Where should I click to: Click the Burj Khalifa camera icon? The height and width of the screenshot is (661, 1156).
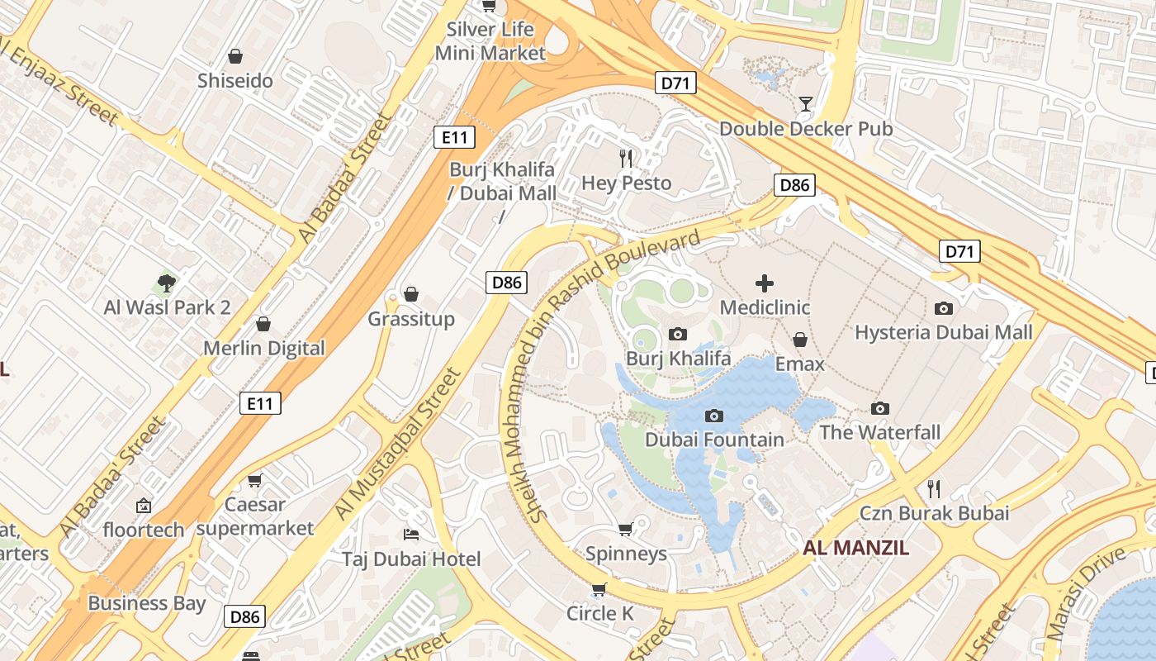(678, 334)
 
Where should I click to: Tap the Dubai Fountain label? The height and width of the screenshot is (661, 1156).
(714, 439)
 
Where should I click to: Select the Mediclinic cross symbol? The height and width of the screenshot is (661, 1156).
(765, 283)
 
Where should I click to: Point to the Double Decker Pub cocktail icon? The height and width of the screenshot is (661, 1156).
(805, 104)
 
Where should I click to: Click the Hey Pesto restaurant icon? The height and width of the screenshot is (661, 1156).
(626, 158)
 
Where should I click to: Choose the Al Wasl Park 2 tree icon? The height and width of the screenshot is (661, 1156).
(167, 283)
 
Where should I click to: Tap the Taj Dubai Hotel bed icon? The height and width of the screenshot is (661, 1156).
(410, 534)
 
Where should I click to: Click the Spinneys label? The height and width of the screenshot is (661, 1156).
(626, 554)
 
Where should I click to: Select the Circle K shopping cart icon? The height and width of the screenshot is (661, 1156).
(599, 589)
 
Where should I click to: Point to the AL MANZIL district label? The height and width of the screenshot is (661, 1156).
(856, 547)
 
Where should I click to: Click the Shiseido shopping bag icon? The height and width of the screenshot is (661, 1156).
(235, 56)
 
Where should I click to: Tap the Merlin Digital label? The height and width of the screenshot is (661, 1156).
(264, 348)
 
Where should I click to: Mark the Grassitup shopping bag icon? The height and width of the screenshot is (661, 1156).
(411, 294)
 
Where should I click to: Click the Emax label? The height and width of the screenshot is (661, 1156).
(799, 364)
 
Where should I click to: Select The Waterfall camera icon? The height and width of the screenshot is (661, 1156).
(880, 408)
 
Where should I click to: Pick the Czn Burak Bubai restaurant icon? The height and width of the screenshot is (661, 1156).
(934, 488)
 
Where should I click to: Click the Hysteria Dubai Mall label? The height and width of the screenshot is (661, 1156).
(943, 332)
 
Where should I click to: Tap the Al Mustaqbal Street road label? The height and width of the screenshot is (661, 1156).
(397, 445)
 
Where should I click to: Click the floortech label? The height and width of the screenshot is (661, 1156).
(144, 530)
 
